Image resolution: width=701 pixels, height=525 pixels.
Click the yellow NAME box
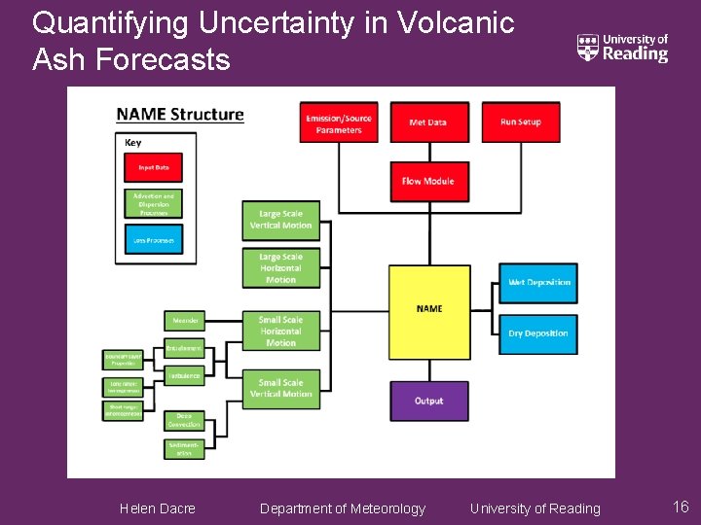point(428,308)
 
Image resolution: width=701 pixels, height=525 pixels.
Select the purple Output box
point(428,401)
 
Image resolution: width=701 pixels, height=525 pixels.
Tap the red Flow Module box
point(428,181)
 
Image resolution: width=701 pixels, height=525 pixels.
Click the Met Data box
point(428,122)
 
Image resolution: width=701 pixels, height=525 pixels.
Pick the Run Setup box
point(520,122)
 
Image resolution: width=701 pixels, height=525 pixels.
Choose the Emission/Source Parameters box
point(339,122)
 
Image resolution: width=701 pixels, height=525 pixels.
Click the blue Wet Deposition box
point(538,283)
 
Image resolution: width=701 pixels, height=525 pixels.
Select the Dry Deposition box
point(538,333)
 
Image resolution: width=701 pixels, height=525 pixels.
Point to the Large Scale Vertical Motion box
point(280,220)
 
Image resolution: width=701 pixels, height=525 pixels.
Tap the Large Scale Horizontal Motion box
point(280,268)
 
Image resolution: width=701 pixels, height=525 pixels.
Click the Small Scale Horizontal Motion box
point(280,331)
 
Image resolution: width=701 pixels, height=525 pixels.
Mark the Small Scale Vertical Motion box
point(280,388)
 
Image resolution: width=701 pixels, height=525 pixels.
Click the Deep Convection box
point(184,420)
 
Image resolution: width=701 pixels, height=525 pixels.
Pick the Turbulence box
point(184,375)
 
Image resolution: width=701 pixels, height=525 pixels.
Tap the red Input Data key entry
point(153,167)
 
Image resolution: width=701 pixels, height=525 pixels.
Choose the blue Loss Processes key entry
point(153,239)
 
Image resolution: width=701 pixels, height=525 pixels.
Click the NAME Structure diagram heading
point(180,115)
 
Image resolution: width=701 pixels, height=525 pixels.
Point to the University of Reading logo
point(623,48)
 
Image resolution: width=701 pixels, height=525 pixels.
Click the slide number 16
point(681,507)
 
